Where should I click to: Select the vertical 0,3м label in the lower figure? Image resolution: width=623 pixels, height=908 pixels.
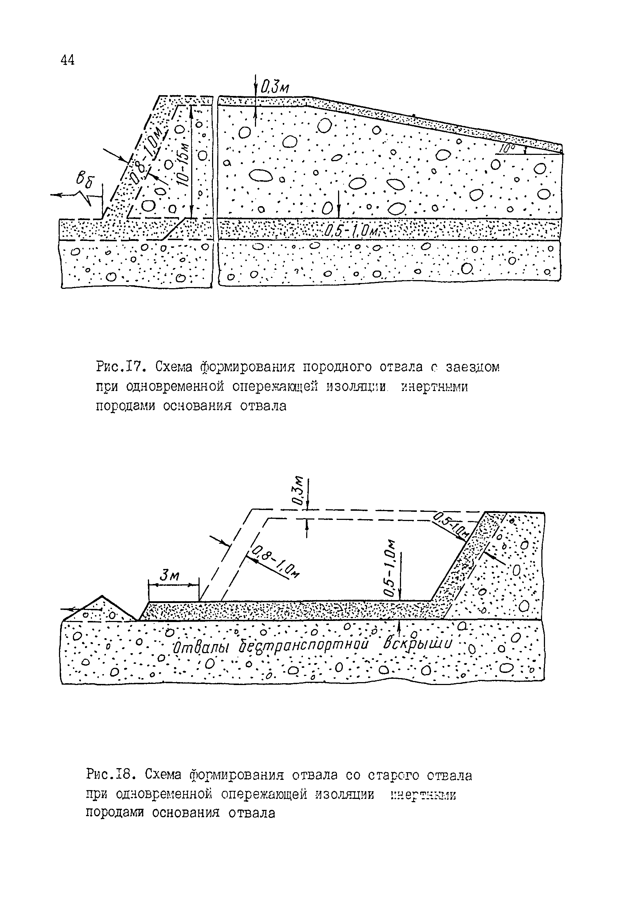click(298, 490)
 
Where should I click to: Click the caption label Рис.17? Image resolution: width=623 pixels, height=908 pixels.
click(121, 367)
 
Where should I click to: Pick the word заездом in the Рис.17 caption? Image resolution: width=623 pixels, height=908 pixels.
click(473, 367)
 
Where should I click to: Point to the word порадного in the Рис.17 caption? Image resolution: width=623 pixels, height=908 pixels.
click(337, 367)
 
